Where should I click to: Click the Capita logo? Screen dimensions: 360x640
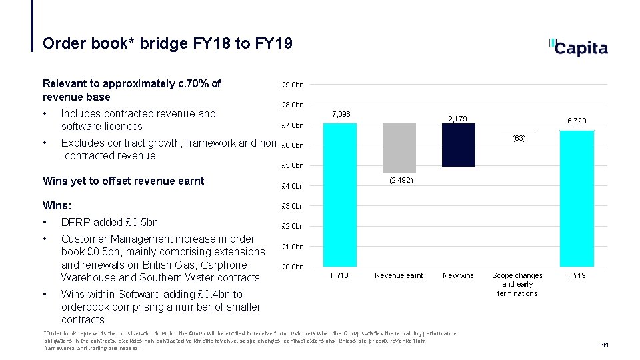[x=578, y=47]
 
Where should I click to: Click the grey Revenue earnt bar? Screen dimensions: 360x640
[x=399, y=148]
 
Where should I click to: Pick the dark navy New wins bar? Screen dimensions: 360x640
[x=459, y=145]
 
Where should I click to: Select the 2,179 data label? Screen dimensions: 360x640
[x=458, y=119]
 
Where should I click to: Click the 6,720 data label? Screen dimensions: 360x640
[x=577, y=121]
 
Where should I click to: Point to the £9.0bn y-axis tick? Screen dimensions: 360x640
[x=293, y=85]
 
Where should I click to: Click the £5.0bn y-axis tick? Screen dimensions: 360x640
[x=293, y=165]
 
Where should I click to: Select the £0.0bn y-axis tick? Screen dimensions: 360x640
[x=293, y=267]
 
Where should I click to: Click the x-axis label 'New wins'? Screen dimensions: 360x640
[x=459, y=275]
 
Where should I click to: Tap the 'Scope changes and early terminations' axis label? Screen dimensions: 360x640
[x=517, y=284]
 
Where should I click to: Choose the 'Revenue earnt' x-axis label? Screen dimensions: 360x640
[x=399, y=275]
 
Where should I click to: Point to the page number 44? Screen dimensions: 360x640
[x=605, y=344]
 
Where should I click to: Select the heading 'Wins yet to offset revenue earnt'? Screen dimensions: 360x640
[x=123, y=181]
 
